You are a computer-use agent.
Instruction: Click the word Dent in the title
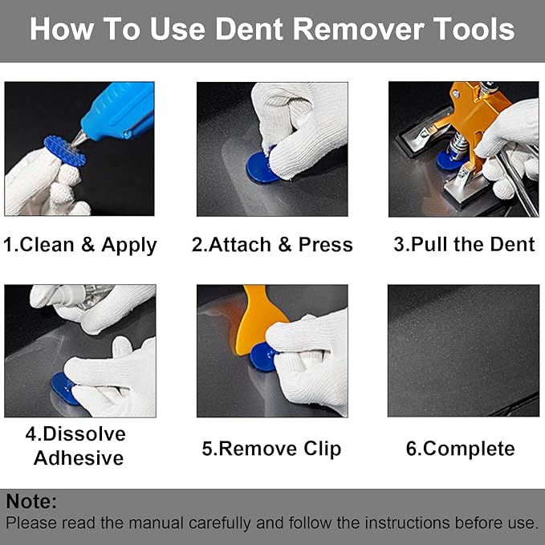coord(250,30)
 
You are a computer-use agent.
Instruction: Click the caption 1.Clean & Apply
coord(79,245)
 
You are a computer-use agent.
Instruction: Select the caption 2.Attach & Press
coord(272,245)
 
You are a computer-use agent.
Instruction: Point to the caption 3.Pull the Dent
coord(464,245)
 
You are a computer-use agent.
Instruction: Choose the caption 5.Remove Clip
coord(271,449)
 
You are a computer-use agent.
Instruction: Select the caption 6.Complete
coord(460,449)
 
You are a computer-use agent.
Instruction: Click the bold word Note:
coord(32,502)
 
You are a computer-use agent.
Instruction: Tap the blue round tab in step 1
coord(65,151)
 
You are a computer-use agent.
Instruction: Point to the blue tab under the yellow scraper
coord(262,356)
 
